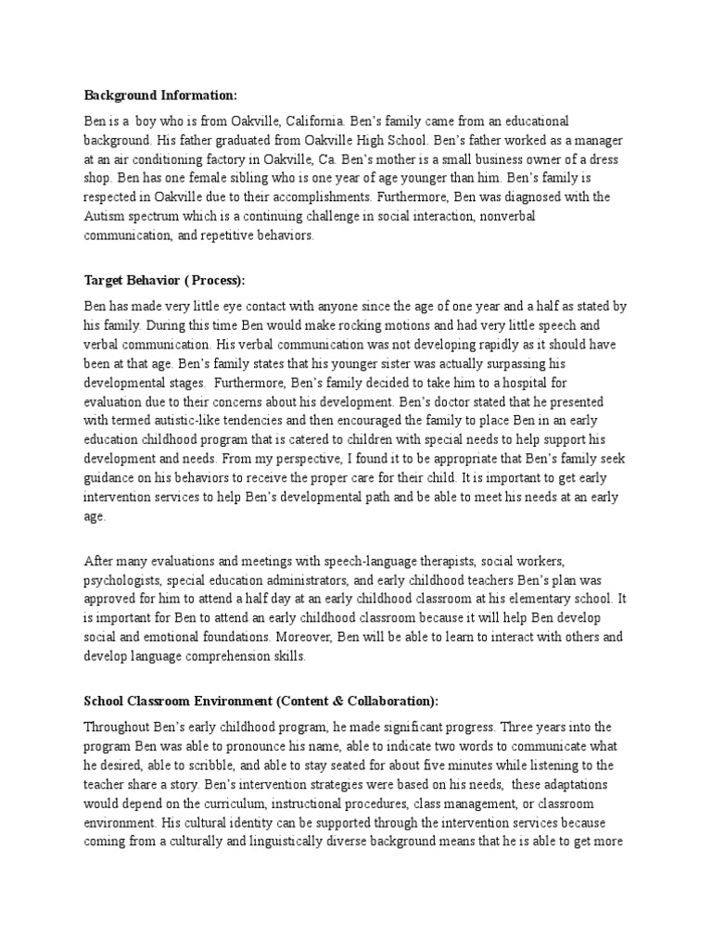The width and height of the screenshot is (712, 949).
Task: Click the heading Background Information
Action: (160, 95)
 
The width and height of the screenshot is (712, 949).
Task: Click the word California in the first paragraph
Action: (314, 121)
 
